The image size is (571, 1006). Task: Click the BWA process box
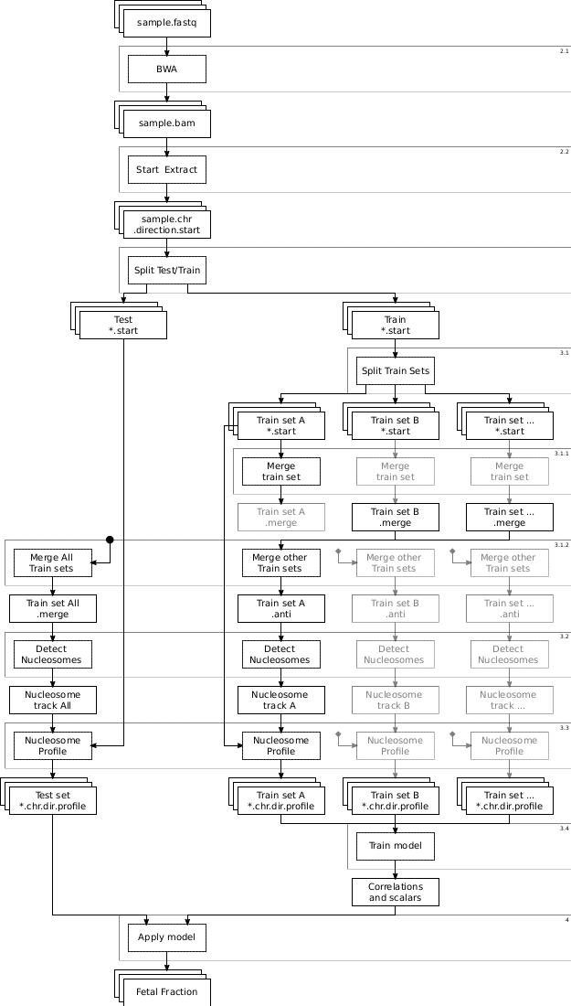(166, 69)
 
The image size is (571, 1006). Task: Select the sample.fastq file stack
(166, 23)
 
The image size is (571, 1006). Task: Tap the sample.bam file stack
(166, 123)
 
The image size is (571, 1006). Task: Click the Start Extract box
(166, 170)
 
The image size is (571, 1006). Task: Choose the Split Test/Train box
(166, 271)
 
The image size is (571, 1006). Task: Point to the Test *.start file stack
(122, 325)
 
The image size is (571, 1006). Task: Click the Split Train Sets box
(395, 370)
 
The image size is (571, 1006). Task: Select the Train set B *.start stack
(395, 425)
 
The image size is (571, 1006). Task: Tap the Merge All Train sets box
(53, 562)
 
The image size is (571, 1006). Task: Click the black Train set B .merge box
(395, 517)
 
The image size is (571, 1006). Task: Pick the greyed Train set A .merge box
(280, 517)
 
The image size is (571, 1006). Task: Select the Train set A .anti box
(280, 608)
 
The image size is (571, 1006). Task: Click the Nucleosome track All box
(53, 700)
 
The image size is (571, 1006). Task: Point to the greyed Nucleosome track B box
(395, 700)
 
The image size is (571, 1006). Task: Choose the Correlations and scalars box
(395, 892)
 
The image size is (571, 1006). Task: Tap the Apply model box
(166, 937)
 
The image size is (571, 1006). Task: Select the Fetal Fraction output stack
(166, 991)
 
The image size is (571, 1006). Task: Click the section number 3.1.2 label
(561, 545)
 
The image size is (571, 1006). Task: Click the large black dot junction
(110, 540)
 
